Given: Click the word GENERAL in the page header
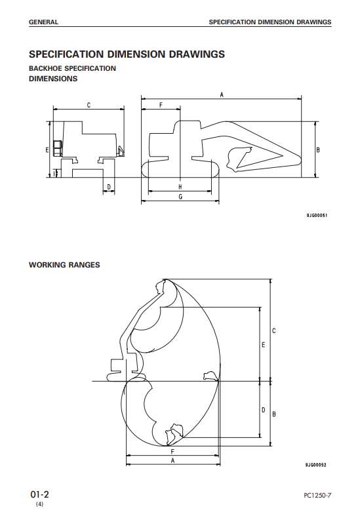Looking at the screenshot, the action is [x=43, y=22].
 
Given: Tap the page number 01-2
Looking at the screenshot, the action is [x=39, y=494].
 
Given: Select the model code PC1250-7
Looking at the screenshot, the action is [x=317, y=495].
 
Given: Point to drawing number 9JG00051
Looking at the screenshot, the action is [x=317, y=216].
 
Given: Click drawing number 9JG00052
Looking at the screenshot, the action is [x=315, y=465].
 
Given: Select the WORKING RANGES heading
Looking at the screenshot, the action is [x=64, y=265].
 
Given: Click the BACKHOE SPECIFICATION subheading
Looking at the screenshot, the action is [x=72, y=68].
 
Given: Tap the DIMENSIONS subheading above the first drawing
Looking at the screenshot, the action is [x=53, y=79].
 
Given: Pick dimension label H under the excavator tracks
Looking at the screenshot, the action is [x=180, y=187].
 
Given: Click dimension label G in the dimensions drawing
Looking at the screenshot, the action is [x=180, y=197].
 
